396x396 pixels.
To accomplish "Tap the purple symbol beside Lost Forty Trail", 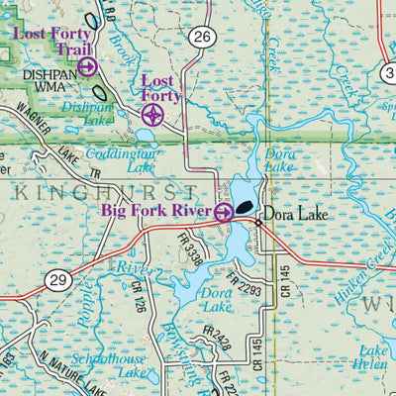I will pyautogui.click(x=87, y=66).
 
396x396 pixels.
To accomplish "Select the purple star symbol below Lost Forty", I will pyautogui.click(x=152, y=116).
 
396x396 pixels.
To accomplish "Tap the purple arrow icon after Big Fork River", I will pyautogui.click(x=224, y=211).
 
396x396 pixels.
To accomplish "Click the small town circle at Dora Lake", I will pyautogui.click(x=257, y=223).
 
